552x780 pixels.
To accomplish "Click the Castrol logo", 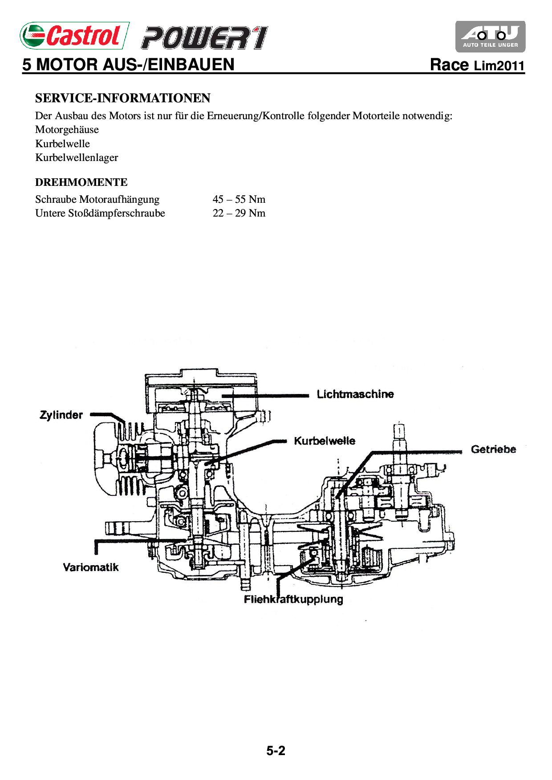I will click(x=74, y=36).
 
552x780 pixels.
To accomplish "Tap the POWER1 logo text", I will click(x=204, y=37).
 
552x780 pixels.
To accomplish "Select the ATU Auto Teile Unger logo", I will click(x=490, y=36).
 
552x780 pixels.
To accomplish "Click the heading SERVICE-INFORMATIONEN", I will click(x=122, y=98).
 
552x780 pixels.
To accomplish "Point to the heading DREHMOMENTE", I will click(x=81, y=182).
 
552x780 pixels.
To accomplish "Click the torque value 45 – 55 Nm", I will click(x=239, y=199).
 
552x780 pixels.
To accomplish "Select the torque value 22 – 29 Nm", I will click(x=239, y=213).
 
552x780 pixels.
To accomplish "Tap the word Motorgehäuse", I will click(x=67, y=129).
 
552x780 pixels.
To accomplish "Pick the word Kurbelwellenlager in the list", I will click(x=77, y=157).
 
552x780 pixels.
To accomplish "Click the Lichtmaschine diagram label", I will click(x=355, y=394).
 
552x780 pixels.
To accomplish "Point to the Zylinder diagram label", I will click(x=61, y=415).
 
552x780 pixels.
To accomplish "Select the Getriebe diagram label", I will click(x=493, y=449).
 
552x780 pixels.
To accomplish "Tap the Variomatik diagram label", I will click(x=91, y=567).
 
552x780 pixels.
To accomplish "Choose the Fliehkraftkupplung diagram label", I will click(x=293, y=599).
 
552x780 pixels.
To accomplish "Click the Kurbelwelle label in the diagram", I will click(x=324, y=441).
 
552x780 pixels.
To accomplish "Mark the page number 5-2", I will click(x=276, y=751).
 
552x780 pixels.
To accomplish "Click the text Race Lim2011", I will click(x=477, y=65).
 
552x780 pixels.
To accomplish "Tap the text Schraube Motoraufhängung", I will click(x=97, y=199).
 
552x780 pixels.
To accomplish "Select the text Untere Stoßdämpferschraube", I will click(x=100, y=213).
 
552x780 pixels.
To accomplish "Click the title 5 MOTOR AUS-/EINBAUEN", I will click(x=128, y=64).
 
